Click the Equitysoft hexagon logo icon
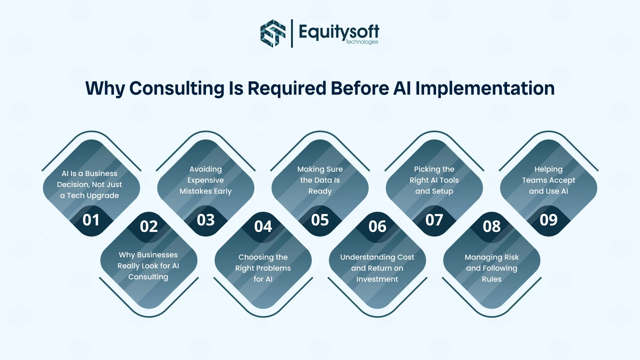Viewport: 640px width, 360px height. pos(273,33)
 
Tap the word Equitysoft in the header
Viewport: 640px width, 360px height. pos(339,31)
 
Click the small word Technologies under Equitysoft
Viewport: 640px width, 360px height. pos(362,42)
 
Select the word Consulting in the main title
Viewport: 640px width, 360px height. pos(177,88)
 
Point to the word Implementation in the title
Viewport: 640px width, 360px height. pos(485,88)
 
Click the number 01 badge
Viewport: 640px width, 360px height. pos(91,220)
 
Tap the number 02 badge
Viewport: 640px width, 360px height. pos(149,227)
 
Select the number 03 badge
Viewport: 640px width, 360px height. pos(205,220)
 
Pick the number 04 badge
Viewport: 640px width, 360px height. pos(263,227)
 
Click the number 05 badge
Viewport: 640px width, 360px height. pos(320,220)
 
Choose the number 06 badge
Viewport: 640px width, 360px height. pos(377,227)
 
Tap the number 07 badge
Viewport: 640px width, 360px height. pos(434,220)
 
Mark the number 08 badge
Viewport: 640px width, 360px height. pos(491,227)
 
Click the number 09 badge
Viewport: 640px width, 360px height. pos(548,220)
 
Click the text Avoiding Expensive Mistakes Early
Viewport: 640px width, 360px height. pos(205,180)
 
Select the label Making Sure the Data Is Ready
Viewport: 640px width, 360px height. pos(320,180)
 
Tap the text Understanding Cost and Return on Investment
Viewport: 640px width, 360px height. pos(377,268)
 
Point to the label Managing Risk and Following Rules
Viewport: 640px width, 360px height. pos(491,268)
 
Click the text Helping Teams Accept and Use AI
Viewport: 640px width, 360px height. pos(548,180)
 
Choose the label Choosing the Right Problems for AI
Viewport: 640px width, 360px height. pos(263,268)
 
